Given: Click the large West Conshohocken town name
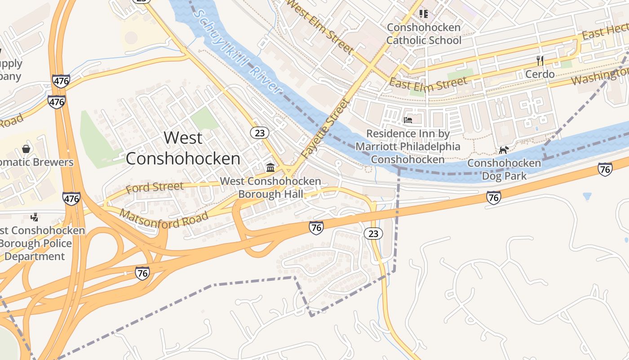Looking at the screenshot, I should tap(183, 148).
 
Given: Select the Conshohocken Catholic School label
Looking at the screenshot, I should tap(424, 34).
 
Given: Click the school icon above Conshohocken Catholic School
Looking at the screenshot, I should tap(424, 14).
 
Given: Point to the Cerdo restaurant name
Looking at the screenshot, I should tap(540, 74).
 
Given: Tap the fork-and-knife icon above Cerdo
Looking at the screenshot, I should tap(540, 60).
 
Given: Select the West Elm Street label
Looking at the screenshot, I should tap(320, 26).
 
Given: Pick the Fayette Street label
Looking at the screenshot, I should tap(325, 128).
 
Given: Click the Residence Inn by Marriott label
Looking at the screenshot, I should tap(408, 146).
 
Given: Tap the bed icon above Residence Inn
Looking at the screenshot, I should tap(408, 120).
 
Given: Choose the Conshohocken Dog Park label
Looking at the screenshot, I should tap(504, 169).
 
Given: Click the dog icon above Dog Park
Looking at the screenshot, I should tap(504, 150).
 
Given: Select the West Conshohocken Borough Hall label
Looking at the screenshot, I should tap(270, 188).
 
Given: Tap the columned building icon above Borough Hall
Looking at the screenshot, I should tap(270, 168).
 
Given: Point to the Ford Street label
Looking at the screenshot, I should tap(155, 187).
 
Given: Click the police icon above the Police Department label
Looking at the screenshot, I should tap(34, 218).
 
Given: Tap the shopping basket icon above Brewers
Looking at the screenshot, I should tap(26, 148).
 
